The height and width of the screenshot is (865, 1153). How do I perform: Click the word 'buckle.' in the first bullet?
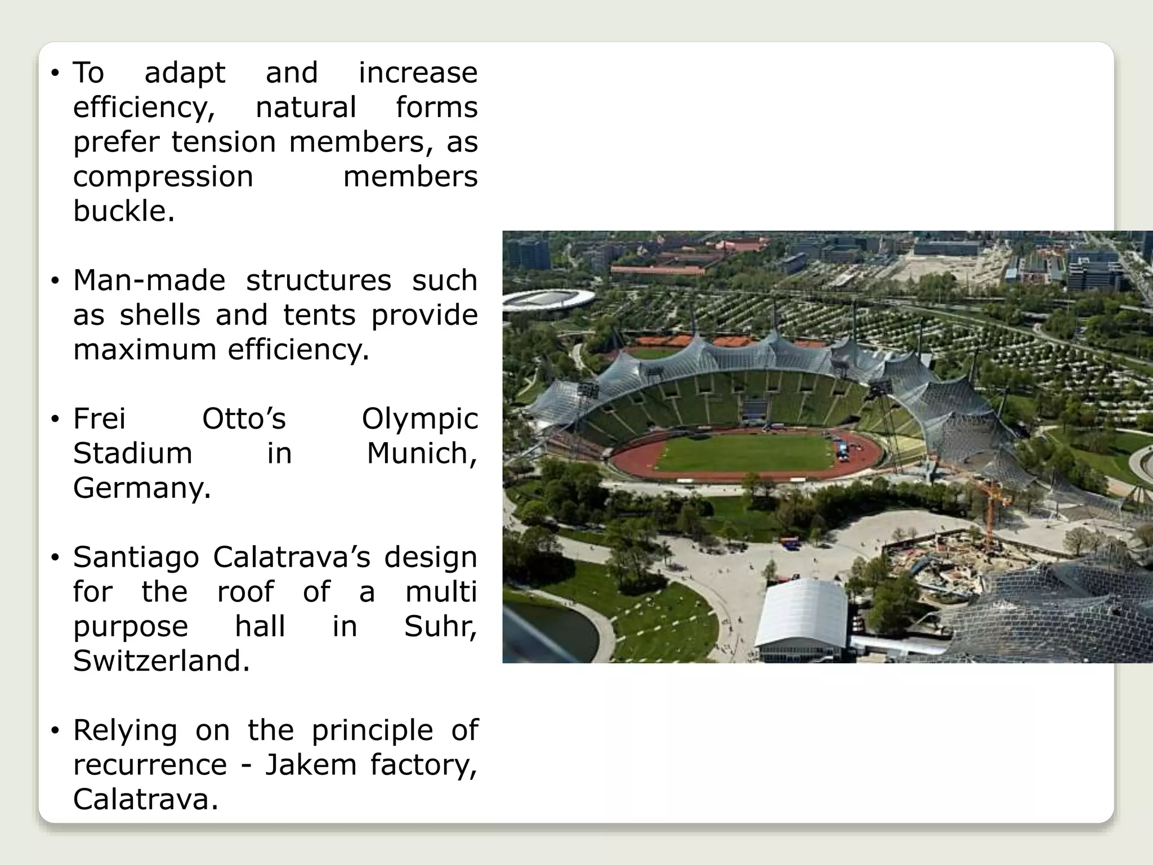[x=124, y=212]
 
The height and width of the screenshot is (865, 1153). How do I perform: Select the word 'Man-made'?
[x=149, y=280]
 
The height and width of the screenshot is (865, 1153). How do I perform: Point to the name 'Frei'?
[x=99, y=419]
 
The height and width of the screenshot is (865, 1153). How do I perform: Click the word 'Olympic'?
[x=419, y=419]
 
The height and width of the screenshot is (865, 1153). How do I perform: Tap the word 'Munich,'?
[x=422, y=453]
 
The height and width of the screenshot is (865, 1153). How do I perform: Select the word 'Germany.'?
[x=142, y=488]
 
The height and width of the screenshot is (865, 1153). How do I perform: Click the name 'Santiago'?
[x=136, y=558]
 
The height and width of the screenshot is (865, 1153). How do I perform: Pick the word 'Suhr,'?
[x=440, y=626]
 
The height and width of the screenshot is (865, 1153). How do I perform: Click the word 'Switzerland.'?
[x=161, y=661]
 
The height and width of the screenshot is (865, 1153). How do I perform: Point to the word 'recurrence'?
[x=150, y=765]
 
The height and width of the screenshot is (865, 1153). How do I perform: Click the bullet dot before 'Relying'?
[x=55, y=731]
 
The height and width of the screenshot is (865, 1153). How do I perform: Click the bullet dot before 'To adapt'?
[x=55, y=73]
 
